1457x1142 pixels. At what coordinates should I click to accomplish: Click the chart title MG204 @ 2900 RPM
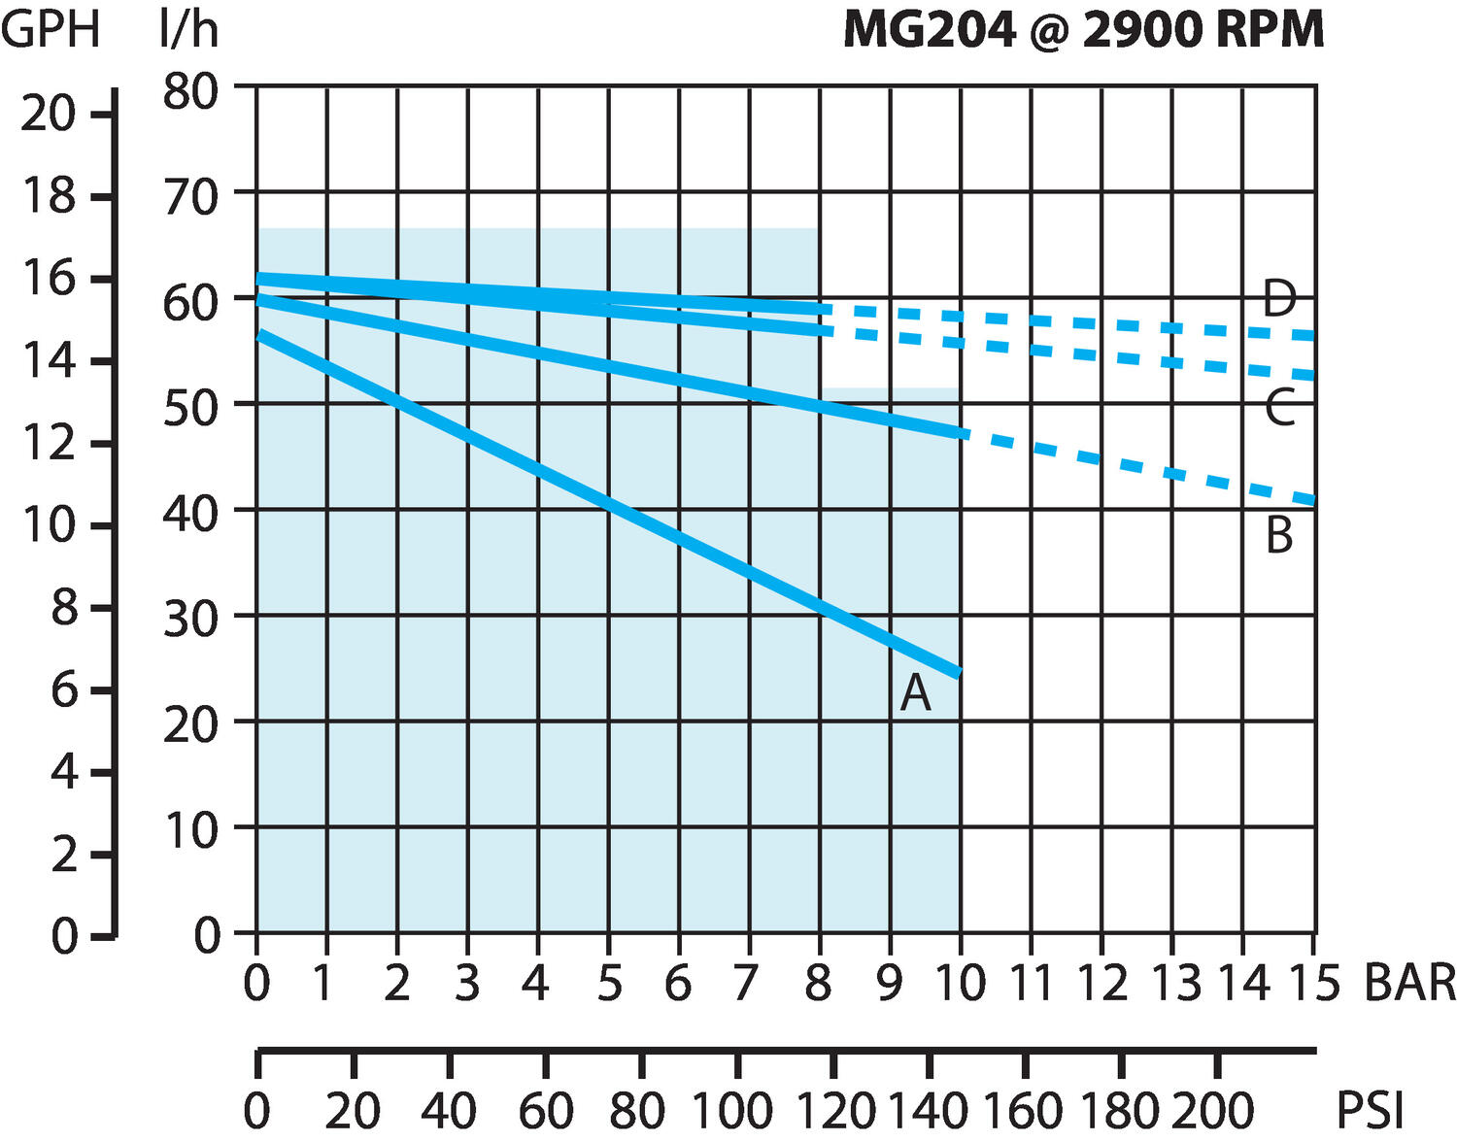pos(1083,29)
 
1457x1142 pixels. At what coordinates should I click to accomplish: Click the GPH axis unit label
pos(51,29)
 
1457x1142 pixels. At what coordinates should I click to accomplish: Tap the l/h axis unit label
pos(188,29)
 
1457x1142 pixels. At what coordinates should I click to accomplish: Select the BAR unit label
pos(1409,983)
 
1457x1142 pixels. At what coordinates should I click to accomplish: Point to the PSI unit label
pos(1371,1110)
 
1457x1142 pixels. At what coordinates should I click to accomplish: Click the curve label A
pos(915,693)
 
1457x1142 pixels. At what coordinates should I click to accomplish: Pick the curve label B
pos(1279,536)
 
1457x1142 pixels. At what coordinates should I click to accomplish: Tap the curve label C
pos(1280,408)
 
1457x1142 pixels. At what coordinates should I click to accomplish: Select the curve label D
pos(1279,298)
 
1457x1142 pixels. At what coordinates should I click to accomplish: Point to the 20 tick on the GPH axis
pos(48,115)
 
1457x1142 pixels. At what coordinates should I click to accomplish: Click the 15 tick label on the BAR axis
pos(1313,983)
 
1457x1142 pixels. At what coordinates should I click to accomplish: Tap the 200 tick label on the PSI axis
pos(1212,1110)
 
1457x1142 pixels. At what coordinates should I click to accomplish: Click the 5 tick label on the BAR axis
pos(609,983)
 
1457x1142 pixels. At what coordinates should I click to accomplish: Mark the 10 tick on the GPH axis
pos(48,525)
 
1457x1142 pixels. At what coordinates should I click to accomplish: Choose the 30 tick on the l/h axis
pos(190,618)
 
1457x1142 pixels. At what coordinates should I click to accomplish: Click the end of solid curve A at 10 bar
pos(960,673)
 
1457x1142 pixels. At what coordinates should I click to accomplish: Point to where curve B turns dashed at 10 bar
pos(962,433)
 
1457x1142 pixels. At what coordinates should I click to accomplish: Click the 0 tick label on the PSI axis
pos(256,1110)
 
